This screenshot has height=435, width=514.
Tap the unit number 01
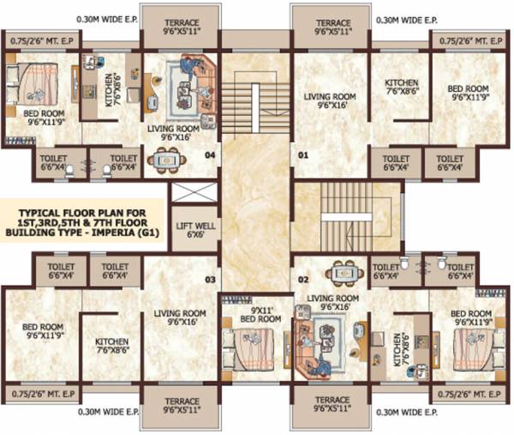coord(302,155)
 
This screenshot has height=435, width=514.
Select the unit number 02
coord(302,280)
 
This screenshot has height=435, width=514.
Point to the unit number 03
coord(209,280)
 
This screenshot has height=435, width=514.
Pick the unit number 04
coord(209,155)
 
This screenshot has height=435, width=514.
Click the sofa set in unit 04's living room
coord(193,80)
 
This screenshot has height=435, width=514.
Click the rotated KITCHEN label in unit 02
coord(398,350)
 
